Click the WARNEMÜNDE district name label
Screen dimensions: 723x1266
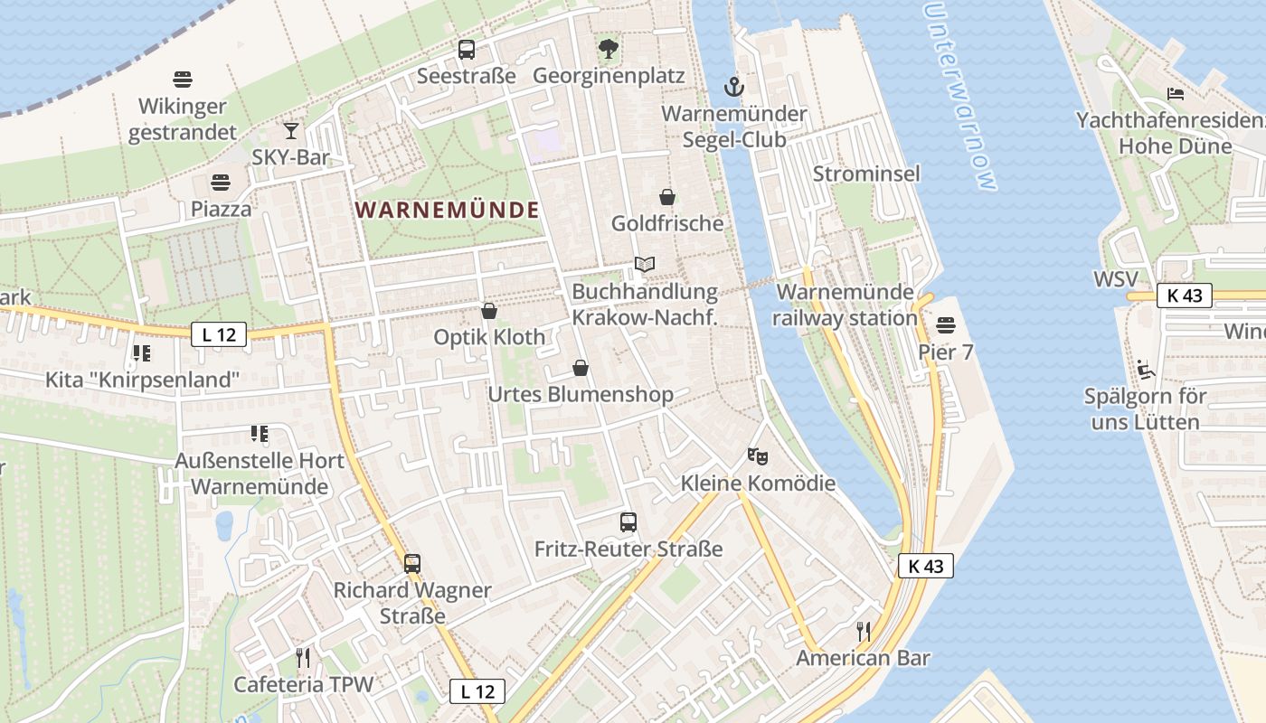[448, 211]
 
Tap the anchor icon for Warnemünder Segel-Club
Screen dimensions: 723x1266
[734, 87]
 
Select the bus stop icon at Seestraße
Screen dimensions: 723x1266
[467, 50]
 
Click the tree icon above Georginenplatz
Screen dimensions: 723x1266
[609, 49]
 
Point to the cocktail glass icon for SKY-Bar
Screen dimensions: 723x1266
[290, 131]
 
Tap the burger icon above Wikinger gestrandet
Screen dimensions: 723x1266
[183, 80]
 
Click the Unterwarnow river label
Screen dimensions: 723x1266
[960, 95]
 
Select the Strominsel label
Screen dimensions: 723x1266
[866, 174]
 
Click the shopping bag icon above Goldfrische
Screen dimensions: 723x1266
[667, 197]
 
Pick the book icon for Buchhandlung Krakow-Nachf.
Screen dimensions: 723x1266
[644, 265]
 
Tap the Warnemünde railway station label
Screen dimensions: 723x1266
[846, 305]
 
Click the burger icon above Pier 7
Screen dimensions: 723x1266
[946, 324]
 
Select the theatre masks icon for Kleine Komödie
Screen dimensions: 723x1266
[758, 456]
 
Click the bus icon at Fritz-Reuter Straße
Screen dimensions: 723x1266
[628, 521]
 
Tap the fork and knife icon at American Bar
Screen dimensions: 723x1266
[864, 631]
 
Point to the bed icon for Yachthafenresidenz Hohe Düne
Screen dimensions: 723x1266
[1176, 93]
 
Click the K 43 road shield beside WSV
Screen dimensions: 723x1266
[1183, 296]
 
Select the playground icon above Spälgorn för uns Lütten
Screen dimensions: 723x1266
[1145, 369]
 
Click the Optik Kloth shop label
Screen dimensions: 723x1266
[489, 337]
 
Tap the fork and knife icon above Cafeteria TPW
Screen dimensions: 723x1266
[303, 657]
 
